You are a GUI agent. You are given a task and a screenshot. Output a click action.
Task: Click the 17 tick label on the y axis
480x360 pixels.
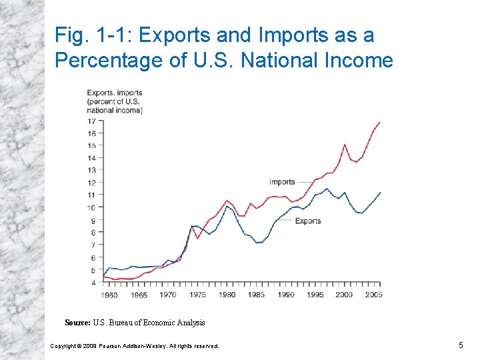(91, 121)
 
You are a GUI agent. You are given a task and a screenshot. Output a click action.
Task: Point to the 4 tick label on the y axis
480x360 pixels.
(93, 283)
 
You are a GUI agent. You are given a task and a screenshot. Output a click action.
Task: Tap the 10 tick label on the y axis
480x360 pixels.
(91, 207)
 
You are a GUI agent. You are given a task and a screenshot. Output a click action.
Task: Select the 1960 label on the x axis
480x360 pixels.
(109, 295)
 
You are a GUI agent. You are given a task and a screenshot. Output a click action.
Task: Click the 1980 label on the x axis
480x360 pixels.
(227, 295)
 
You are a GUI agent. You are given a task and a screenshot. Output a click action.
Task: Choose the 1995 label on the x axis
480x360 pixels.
(315, 295)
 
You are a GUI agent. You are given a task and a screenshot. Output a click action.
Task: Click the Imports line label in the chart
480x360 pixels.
(282, 182)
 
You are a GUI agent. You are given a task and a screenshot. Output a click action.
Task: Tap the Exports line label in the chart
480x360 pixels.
(307, 221)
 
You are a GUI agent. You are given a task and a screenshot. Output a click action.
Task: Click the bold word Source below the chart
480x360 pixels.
(77, 323)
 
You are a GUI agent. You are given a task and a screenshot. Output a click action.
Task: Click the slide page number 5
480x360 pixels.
(460, 345)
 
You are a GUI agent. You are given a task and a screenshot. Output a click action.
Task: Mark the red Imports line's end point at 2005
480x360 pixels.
(380, 122)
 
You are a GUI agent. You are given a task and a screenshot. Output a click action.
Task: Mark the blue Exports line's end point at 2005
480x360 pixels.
(380, 192)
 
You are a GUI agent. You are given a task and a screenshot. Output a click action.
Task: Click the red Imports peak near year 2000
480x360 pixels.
(345, 145)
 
